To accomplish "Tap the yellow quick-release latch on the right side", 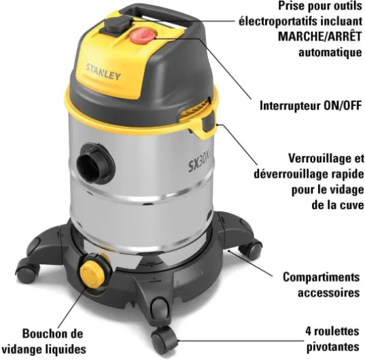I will pos(203,122).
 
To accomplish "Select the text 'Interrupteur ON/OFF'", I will pos(310,106).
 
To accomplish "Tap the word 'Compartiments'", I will pos(321,278).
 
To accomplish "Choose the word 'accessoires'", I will pos(328,293).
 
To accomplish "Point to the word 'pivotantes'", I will pos(333,346).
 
